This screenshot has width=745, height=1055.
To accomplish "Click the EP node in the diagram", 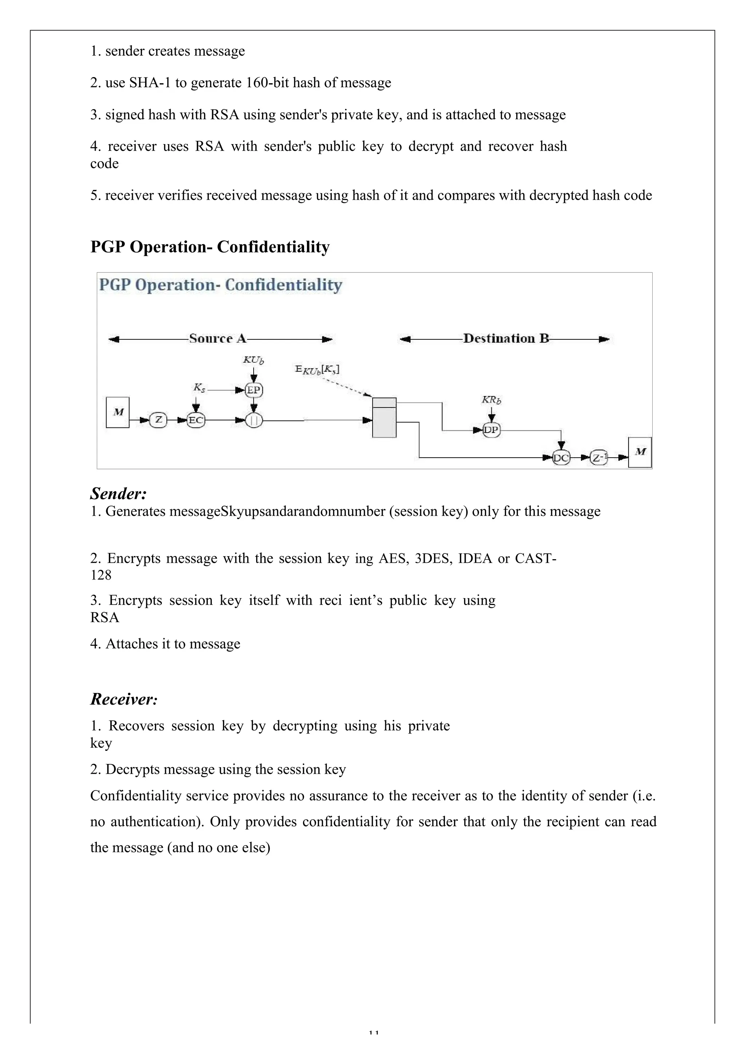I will point(254,390).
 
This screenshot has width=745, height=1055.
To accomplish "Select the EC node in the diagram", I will point(196,420).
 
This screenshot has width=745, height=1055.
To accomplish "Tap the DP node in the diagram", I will point(491,430).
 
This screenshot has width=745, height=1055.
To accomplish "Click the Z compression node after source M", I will point(159,420).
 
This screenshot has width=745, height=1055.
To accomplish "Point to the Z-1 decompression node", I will point(598,458).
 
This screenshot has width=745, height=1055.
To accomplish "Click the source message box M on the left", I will point(117,412).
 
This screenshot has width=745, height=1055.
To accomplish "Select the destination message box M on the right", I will point(640,452).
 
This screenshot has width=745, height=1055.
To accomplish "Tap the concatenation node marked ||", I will point(254,420).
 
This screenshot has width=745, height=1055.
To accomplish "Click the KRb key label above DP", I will point(491,400).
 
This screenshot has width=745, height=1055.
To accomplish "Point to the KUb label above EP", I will point(253,360).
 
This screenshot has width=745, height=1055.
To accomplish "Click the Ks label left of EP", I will point(199,388).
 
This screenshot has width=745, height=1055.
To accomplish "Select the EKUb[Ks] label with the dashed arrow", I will point(317,370).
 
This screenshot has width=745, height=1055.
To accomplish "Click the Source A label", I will point(218,339).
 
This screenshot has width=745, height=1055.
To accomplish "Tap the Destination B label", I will point(506,339).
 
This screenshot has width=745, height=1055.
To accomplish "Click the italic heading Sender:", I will point(119,494).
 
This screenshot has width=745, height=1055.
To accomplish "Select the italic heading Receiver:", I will point(124,699).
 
